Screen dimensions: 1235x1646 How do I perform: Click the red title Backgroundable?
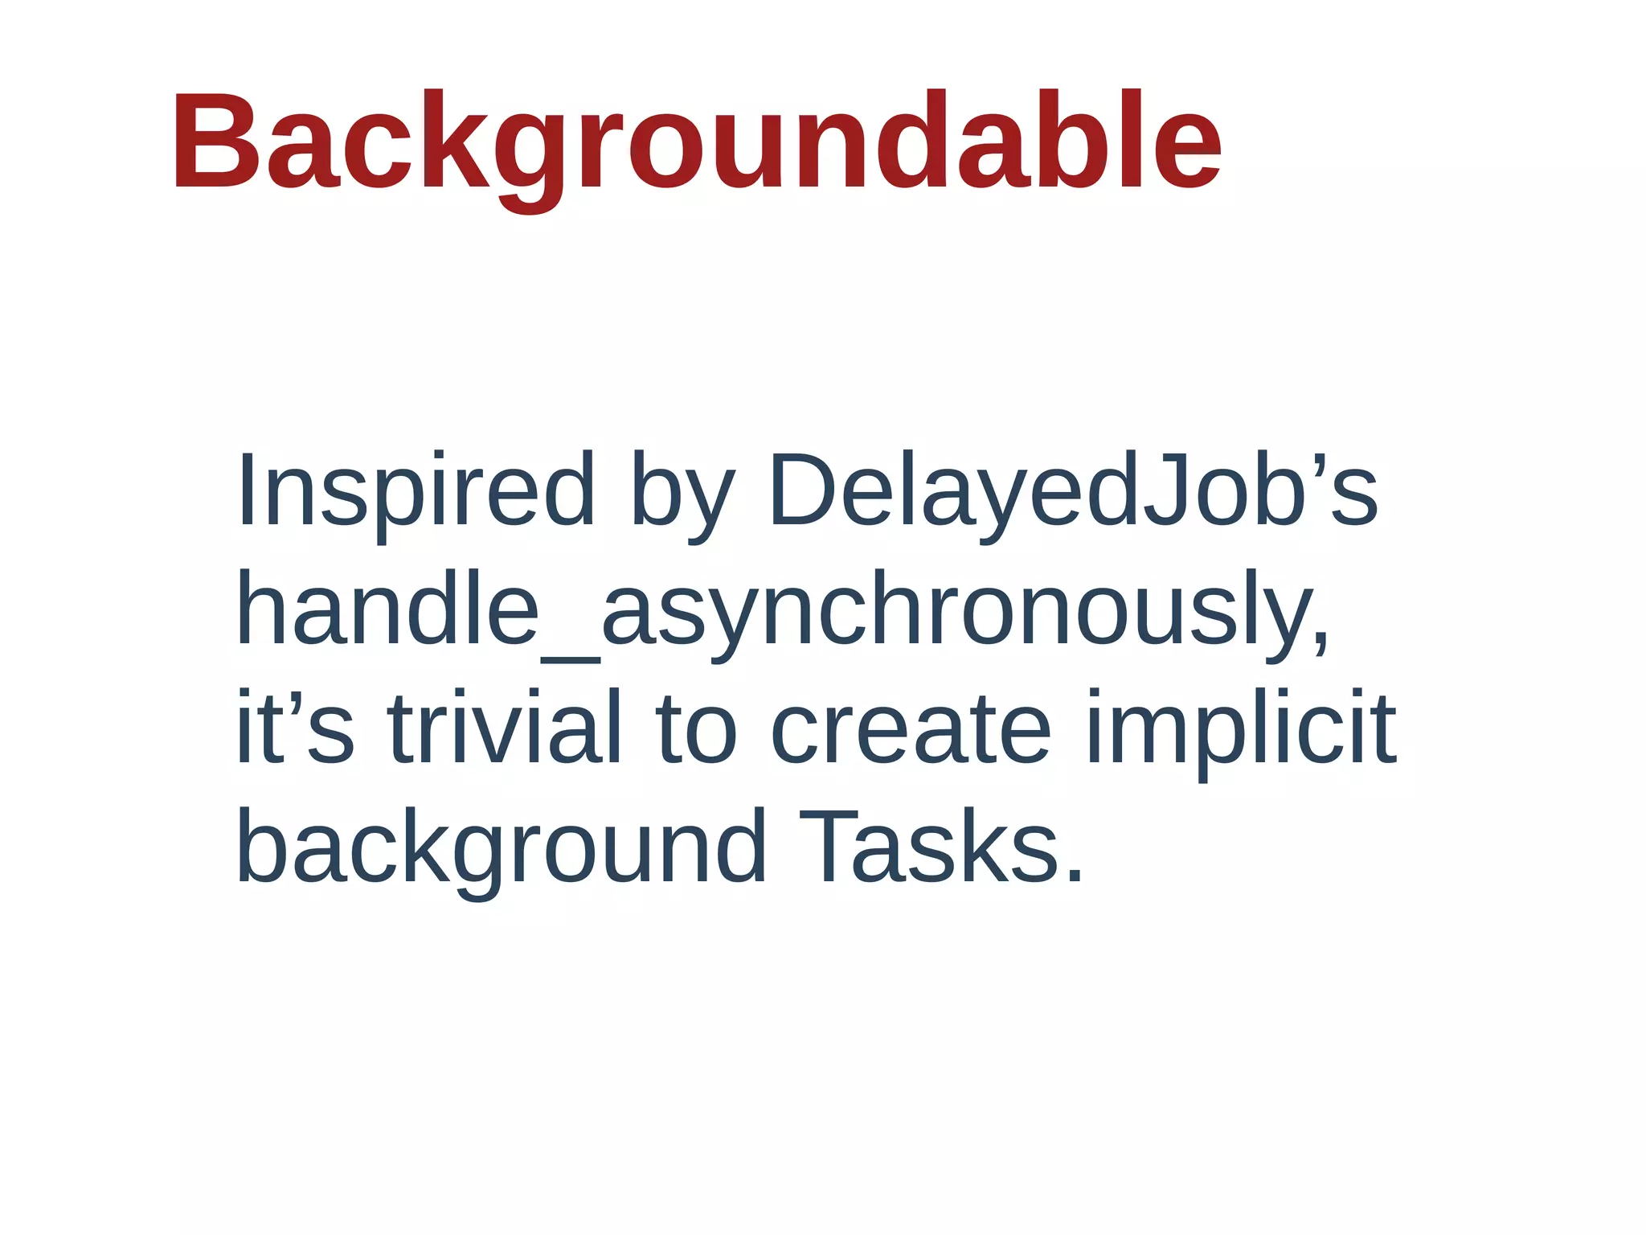tap(696, 143)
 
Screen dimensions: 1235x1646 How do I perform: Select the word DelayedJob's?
tap(1073, 492)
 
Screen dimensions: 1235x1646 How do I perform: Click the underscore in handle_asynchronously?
tap(571, 659)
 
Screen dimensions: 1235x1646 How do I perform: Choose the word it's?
tap(294, 728)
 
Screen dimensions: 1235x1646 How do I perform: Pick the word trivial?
tap(505, 728)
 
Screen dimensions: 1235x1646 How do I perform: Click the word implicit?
tap(1240, 732)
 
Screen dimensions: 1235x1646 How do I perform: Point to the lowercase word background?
tap(501, 848)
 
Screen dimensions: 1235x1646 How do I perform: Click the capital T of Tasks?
tap(828, 846)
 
